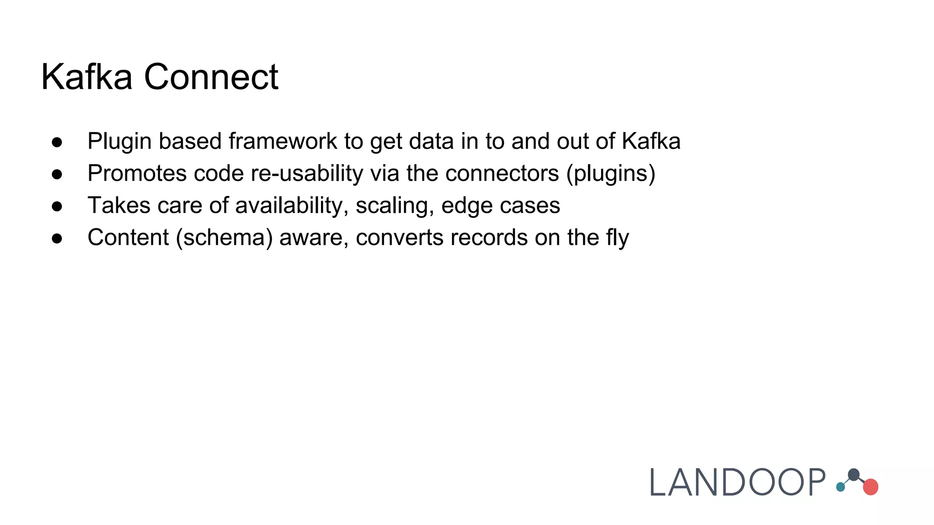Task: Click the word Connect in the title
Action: (211, 77)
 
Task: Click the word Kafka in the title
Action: (87, 77)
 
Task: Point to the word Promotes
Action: (137, 174)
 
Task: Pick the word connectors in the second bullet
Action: (502, 174)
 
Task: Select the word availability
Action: (292, 206)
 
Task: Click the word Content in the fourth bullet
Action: (128, 237)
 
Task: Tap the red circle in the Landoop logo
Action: (871, 487)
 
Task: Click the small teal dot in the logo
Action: (841, 487)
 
